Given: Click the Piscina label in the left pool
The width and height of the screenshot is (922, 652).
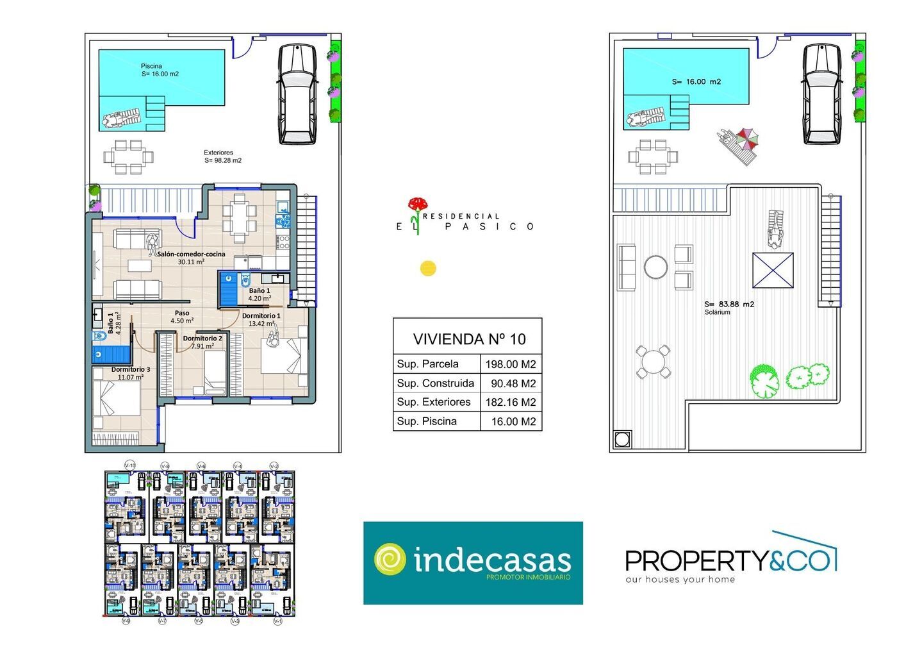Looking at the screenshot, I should [x=152, y=66].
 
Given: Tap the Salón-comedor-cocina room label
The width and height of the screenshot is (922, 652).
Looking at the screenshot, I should [x=191, y=255].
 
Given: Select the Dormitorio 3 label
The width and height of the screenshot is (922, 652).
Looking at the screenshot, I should [x=131, y=370].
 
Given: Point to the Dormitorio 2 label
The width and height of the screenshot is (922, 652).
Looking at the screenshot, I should [x=202, y=339].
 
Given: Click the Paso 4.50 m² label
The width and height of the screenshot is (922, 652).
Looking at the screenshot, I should [x=182, y=317].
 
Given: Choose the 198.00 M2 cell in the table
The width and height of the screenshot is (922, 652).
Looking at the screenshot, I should [x=510, y=364].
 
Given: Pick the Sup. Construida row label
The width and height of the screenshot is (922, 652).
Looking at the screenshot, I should [x=436, y=383].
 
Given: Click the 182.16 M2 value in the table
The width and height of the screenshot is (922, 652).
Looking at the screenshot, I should [x=510, y=403].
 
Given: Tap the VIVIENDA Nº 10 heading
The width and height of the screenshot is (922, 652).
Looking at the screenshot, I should [x=469, y=339].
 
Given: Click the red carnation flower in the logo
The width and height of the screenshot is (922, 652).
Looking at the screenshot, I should [x=418, y=205].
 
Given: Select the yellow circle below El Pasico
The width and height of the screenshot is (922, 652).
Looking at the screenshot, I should [x=428, y=268].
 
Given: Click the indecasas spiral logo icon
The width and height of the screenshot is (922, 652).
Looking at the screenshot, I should [x=390, y=560].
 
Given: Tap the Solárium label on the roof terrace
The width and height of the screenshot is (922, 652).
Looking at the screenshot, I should [x=717, y=312].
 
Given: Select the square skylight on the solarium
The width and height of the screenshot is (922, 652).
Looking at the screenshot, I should [x=773, y=270].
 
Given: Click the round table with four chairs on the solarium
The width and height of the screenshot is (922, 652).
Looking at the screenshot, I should [x=653, y=361].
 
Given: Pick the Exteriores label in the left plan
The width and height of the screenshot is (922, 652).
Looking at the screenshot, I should [x=218, y=153].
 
